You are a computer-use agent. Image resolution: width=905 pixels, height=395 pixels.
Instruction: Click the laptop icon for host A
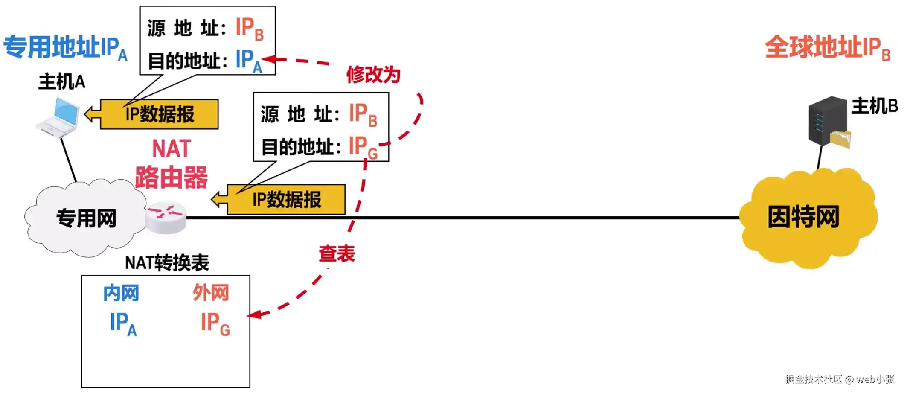tap(59, 117)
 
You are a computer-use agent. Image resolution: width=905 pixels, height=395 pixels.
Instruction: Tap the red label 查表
tap(337, 254)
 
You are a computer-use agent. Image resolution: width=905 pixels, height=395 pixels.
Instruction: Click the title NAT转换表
tap(167, 263)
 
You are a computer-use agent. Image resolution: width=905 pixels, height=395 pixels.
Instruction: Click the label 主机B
tap(874, 106)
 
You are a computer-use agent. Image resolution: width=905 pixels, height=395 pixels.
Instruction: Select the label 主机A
tap(62, 82)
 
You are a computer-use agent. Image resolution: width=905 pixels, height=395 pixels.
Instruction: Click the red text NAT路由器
tap(171, 164)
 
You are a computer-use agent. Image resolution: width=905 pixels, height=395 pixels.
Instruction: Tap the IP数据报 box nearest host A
tap(159, 114)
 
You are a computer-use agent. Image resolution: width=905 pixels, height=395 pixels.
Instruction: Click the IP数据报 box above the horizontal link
tap(286, 200)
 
